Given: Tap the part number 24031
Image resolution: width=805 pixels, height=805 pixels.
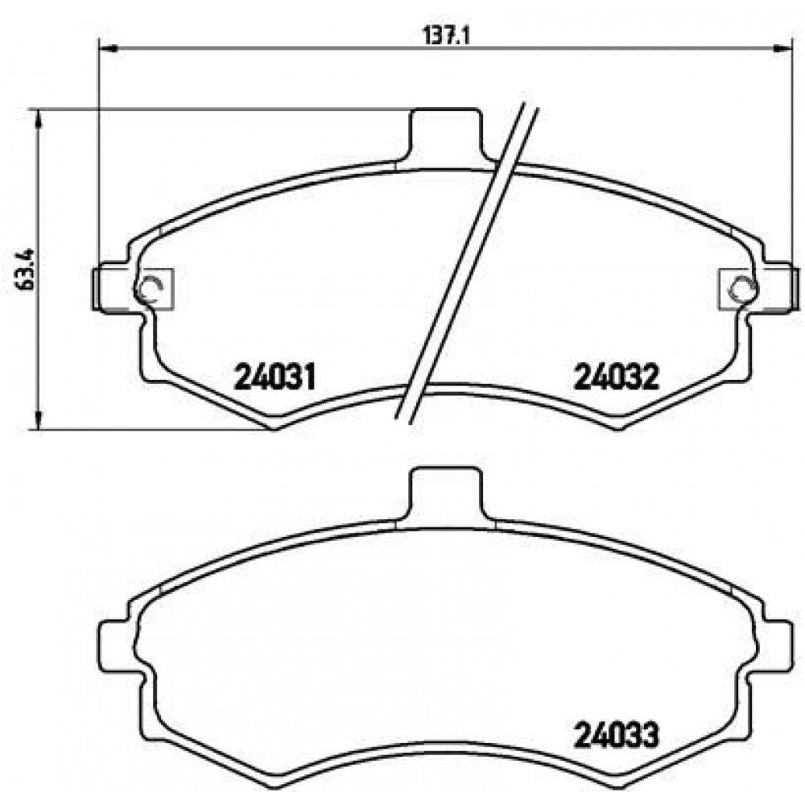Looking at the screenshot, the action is [275, 378].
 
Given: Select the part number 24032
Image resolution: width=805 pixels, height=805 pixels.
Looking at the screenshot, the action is [617, 378].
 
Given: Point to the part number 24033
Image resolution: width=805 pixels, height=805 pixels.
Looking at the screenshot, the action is [617, 736].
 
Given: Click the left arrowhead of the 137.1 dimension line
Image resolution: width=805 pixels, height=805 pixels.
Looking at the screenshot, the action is [108, 49].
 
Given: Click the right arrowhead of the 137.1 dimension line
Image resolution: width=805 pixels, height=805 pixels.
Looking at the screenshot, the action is [780, 49].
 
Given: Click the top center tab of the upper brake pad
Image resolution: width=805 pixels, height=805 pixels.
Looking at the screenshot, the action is [446, 134].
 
